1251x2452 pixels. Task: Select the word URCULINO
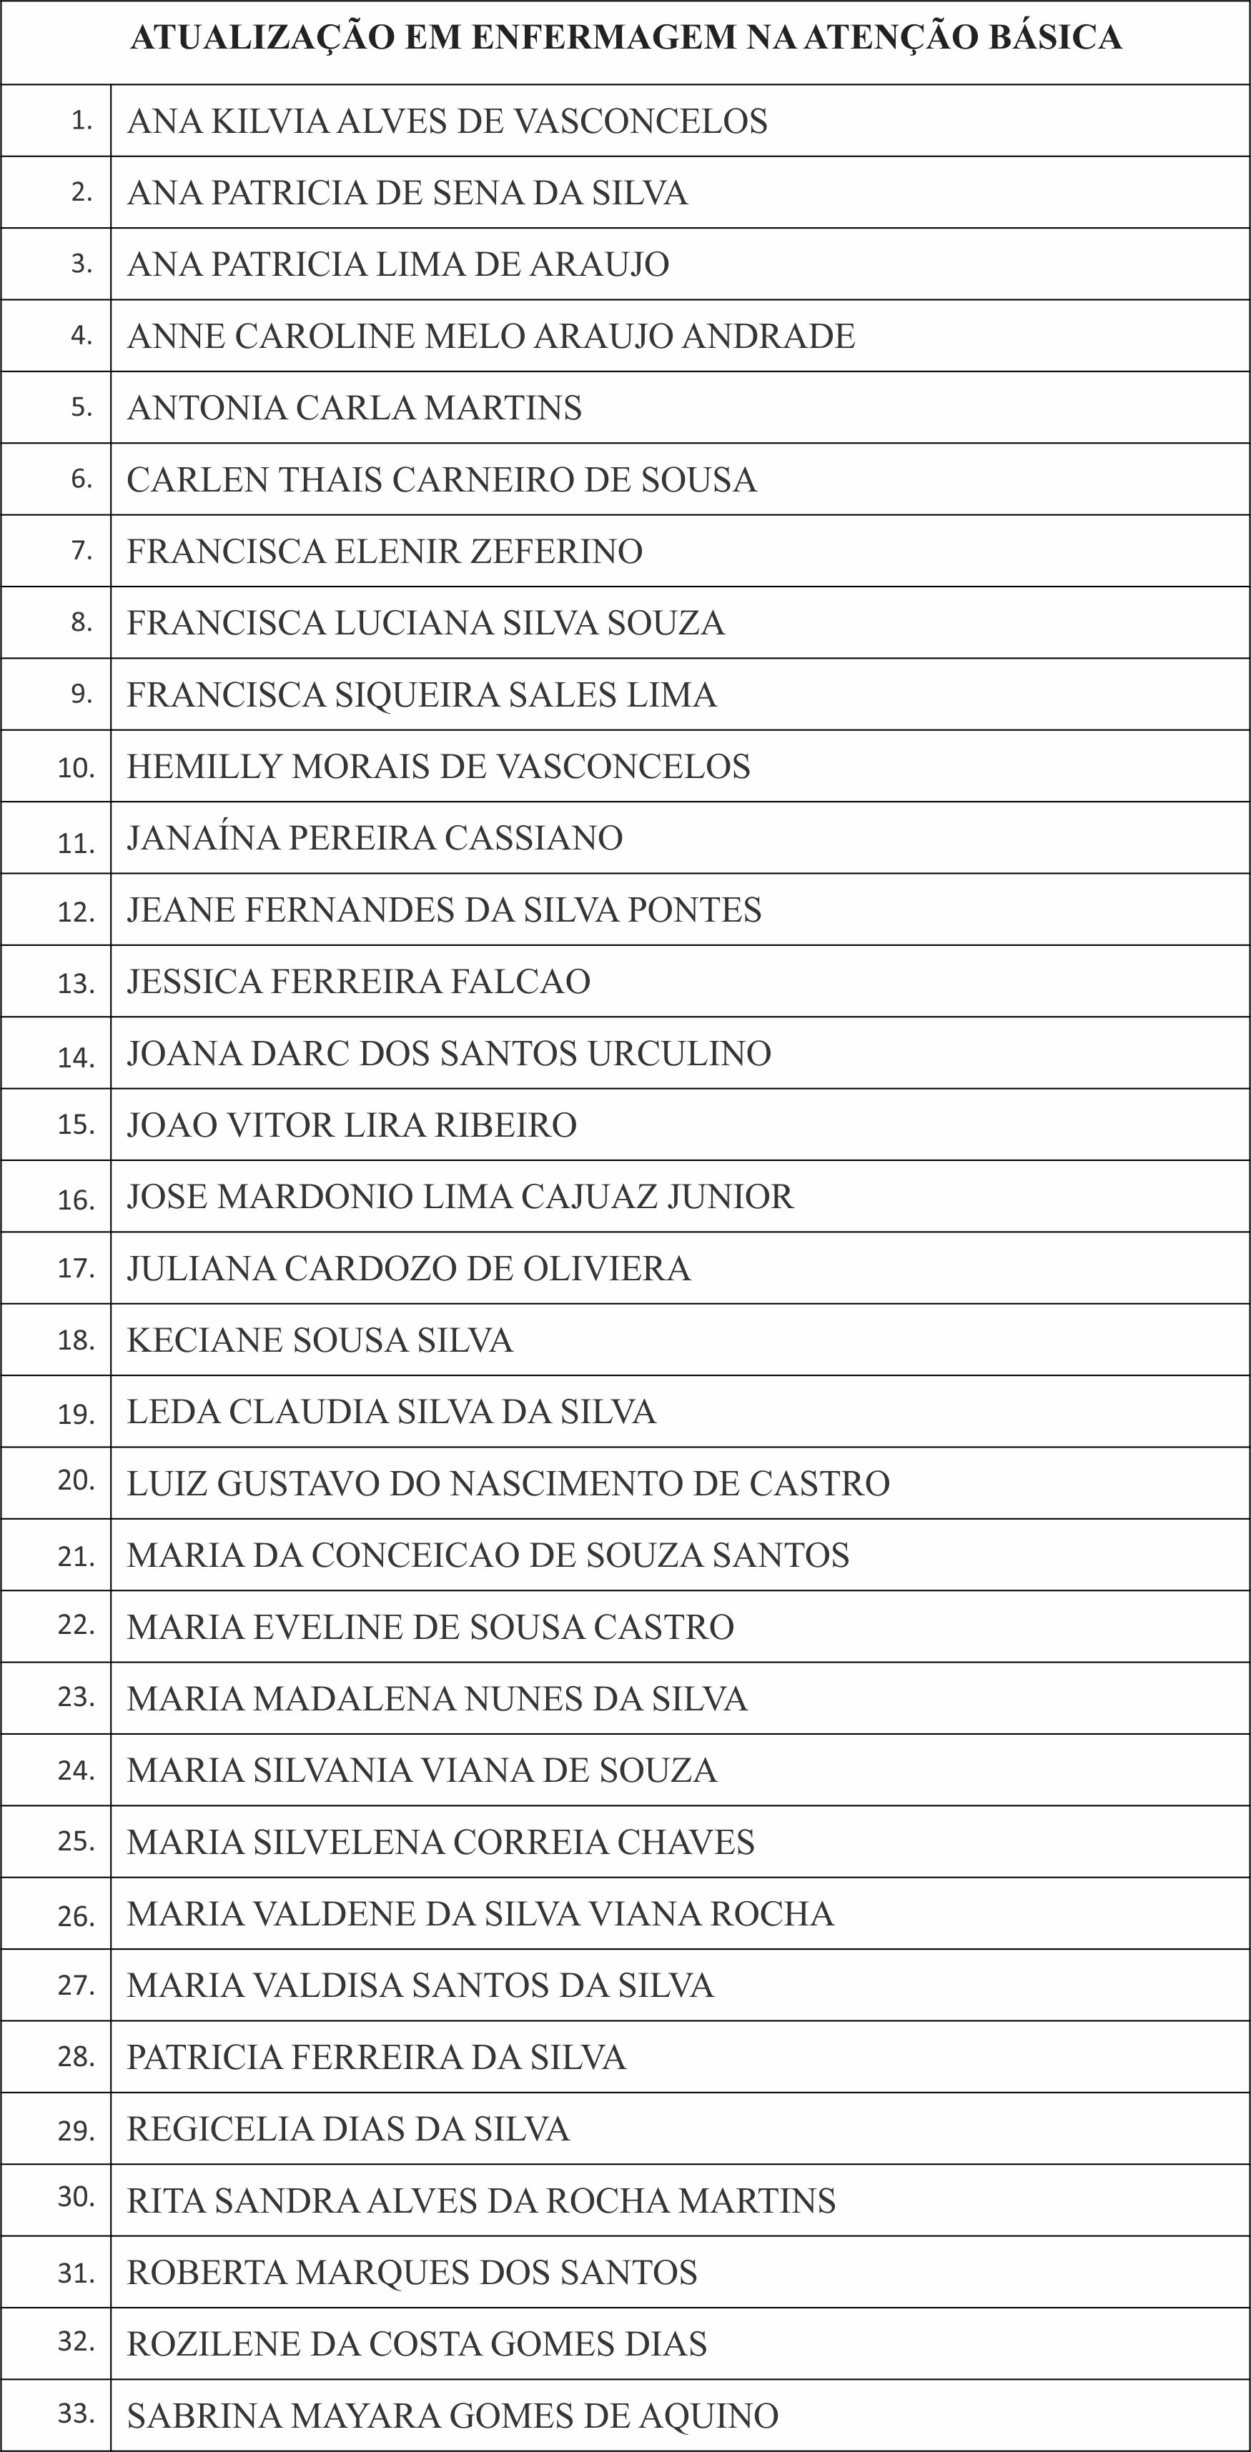coord(679,1054)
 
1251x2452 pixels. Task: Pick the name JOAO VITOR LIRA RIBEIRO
coord(351,1125)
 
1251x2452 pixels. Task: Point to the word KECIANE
coord(203,1340)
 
